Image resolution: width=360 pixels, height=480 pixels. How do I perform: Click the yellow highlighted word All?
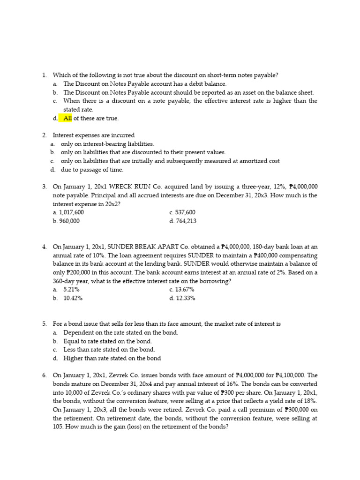coord(68,118)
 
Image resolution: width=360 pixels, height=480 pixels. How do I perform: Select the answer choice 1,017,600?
coord(71,212)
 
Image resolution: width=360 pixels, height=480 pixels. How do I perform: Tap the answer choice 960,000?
coord(68,221)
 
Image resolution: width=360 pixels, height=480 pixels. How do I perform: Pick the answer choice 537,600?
coord(185,212)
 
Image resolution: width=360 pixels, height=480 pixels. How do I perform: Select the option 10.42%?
coord(73,298)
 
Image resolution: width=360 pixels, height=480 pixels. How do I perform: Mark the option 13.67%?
coord(185,289)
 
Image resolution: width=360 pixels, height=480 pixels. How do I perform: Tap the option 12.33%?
coord(185,298)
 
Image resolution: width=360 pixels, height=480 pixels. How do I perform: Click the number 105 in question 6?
coord(58,427)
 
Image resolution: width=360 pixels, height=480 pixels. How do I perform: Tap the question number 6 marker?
coord(44,375)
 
